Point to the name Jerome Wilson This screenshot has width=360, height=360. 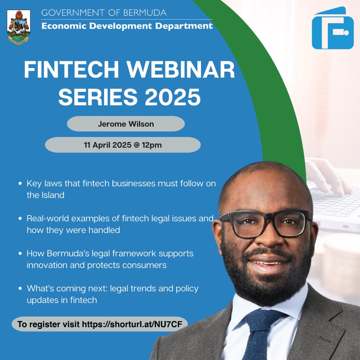pos(126,124)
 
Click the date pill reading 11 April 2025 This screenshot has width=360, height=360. pos(123,145)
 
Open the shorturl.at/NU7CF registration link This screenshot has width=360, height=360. pos(135,324)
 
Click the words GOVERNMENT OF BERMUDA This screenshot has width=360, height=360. pos(103,13)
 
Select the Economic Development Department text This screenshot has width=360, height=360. pos(127,26)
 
